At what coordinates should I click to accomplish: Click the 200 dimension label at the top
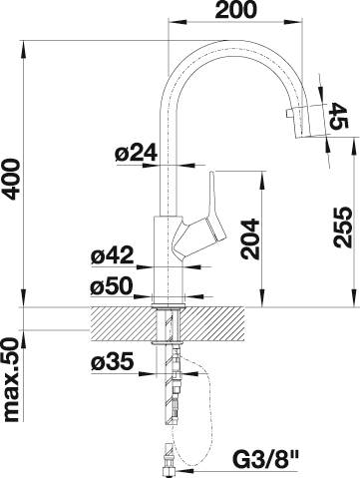236,10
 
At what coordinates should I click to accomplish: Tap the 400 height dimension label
11,179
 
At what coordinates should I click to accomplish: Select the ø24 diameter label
136,154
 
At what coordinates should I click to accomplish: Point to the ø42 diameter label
112,255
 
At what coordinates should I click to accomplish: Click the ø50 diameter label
112,286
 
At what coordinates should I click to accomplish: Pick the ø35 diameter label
113,361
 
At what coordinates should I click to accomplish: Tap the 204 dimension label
250,239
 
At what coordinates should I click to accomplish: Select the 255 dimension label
342,228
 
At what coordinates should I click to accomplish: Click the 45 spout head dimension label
339,116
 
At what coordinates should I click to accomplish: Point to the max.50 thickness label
11,380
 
